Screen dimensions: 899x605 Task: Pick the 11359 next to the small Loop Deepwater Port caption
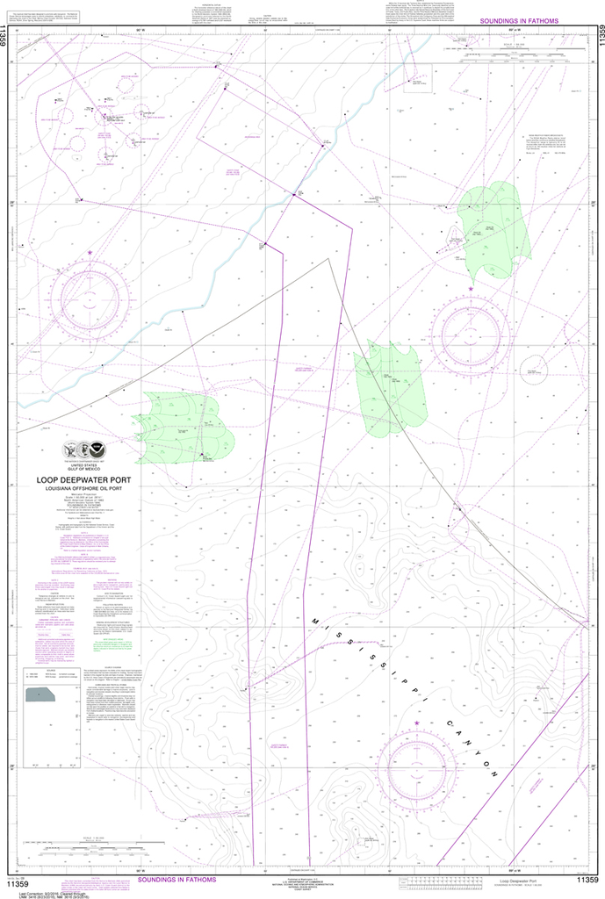[x=587, y=880]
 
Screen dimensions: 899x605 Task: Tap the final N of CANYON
[x=494, y=773]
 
